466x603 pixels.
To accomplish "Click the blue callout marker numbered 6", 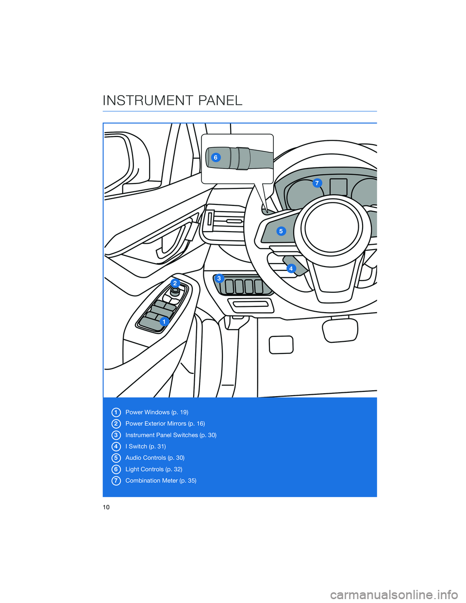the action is tap(216, 158).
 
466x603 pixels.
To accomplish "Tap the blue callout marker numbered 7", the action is tap(317, 183).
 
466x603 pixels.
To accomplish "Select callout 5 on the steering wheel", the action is tap(281, 231).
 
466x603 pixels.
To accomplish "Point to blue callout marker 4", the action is tap(291, 268).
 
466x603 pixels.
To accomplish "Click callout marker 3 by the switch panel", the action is tap(219, 278).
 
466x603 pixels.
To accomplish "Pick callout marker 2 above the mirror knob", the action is tap(175, 283).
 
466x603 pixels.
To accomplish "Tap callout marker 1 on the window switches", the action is tap(164, 321).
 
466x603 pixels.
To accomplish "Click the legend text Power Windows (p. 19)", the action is tap(157, 412).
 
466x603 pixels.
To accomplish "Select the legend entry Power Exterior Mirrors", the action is tap(165, 424).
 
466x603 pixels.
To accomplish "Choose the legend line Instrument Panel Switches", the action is tap(171, 435).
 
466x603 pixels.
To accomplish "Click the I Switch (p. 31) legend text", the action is tap(146, 447).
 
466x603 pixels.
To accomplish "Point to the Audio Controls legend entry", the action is tap(155, 458).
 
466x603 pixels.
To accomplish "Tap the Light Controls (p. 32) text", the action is tap(154, 469).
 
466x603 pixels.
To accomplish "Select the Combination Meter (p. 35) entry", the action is tap(161, 481).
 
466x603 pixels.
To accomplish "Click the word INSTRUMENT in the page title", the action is tap(147, 100).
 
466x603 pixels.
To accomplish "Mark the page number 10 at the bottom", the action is tap(106, 507).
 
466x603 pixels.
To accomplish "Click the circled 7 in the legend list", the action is tap(116, 481).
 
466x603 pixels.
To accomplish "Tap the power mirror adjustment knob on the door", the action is tap(175, 292).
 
